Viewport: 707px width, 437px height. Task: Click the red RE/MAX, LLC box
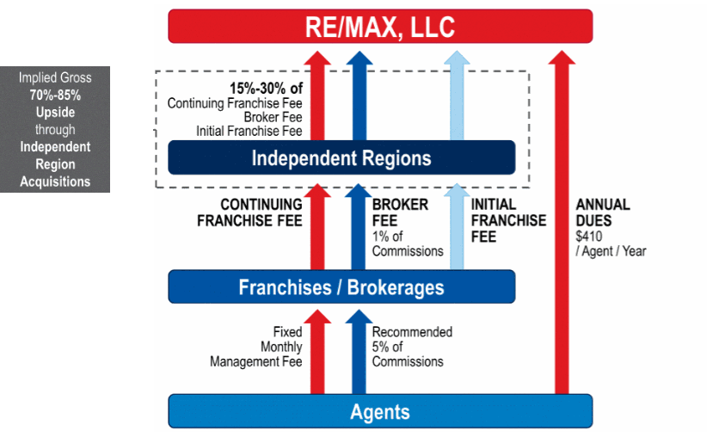coord(380,26)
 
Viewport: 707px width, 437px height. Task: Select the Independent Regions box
coord(341,157)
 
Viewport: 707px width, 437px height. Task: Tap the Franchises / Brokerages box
coord(341,286)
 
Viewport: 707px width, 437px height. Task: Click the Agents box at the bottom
coord(380,411)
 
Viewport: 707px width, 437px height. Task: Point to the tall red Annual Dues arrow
coord(562,222)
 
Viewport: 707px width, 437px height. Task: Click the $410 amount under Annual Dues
coord(589,237)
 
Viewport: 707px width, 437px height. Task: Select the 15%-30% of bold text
coord(266,88)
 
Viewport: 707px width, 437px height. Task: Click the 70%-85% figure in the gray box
coord(55,95)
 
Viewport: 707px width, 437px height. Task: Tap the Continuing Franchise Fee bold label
coord(249,212)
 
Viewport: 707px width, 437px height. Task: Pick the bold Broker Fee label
coord(400,212)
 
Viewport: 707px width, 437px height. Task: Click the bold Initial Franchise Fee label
coord(508,220)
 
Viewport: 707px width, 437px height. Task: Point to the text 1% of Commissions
coord(408,243)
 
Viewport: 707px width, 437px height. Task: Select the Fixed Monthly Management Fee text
coord(256,347)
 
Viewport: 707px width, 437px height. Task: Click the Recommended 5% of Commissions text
coord(412,347)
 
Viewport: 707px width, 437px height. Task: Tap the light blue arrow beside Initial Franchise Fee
coord(457,226)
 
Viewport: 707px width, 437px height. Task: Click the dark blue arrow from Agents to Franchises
coord(359,352)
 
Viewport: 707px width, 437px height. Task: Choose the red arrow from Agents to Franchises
coord(317,352)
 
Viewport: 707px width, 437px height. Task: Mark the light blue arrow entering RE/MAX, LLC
coord(457,95)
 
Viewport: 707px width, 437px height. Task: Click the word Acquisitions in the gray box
coord(55,182)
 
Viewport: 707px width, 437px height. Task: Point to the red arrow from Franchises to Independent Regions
coord(317,226)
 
